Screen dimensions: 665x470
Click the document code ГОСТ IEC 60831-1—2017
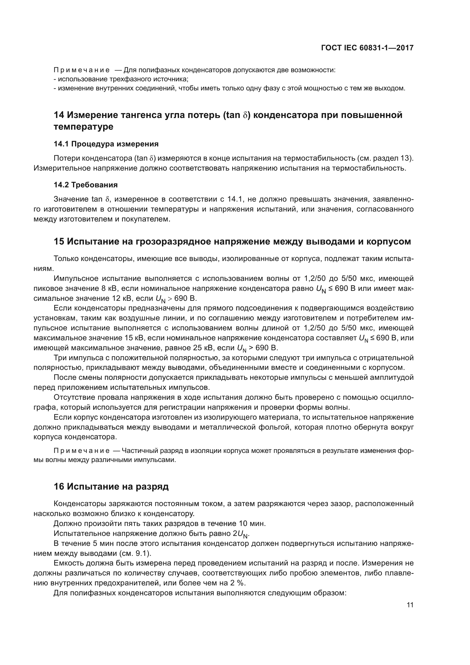point(367,48)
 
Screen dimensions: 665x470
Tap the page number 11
point(410,605)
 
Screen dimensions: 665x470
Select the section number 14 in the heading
point(59,115)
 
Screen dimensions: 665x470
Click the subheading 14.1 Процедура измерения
point(106,144)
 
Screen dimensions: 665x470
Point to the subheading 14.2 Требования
point(86,185)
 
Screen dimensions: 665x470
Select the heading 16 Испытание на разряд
point(111,494)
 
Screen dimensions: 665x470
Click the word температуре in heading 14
point(83,127)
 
